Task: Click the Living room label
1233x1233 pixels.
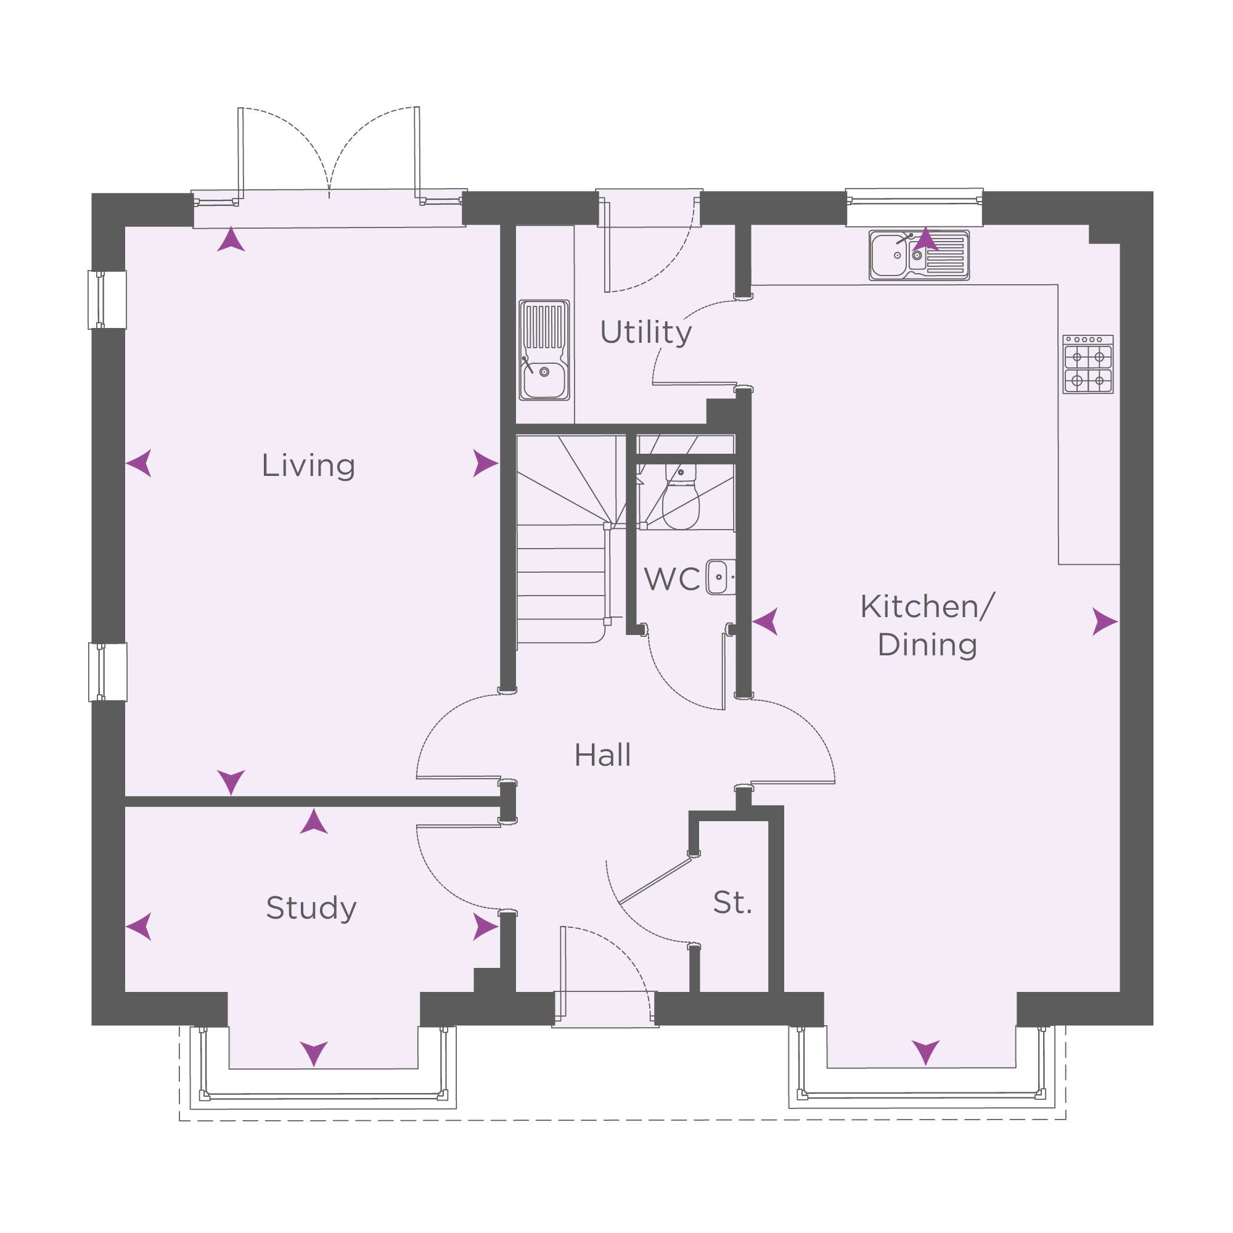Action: pos(308,466)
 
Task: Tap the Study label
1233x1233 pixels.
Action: pos(311,908)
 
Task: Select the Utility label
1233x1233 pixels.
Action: pos(646,332)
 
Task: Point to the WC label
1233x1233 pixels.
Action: pos(671,580)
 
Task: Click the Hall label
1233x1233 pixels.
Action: pos(602,755)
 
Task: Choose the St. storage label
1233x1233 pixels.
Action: pos(732,903)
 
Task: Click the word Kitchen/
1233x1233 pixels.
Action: pos(927,606)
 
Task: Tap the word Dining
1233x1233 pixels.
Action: pos(927,645)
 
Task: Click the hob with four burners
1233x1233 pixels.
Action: pos(1088,364)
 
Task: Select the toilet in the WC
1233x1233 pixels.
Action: pos(681,496)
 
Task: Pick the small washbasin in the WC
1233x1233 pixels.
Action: pos(721,577)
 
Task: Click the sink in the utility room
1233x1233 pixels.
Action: pos(544,350)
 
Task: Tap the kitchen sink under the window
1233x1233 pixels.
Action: pos(919,255)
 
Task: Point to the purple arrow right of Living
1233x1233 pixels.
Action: pos(485,464)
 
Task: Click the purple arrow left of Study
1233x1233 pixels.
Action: pos(139,926)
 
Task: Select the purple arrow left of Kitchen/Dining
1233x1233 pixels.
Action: pos(765,621)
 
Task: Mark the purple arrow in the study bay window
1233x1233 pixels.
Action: pos(314,1054)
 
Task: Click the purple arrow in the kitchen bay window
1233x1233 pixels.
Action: pos(925,1052)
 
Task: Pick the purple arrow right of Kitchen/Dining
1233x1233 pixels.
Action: pos(1105,621)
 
